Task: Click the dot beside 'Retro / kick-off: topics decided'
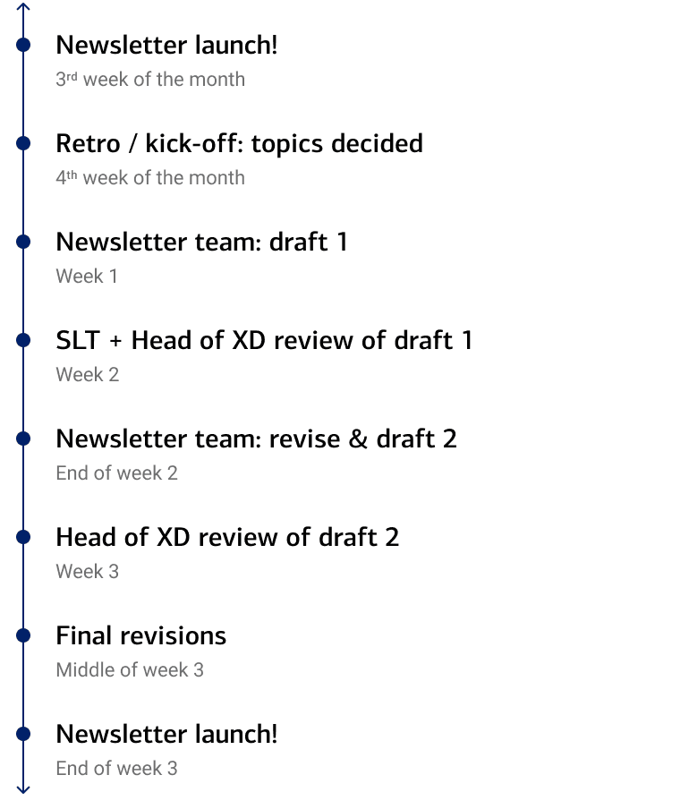pyautogui.click(x=24, y=143)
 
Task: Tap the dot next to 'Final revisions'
pyautogui.click(x=24, y=635)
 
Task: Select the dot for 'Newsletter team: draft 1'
pyautogui.click(x=24, y=242)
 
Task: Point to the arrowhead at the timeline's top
pyautogui.click(x=24, y=6)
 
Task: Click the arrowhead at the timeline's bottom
pyautogui.click(x=24, y=789)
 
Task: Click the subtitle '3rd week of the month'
pyautogui.click(x=149, y=80)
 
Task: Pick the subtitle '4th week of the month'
pyautogui.click(x=149, y=178)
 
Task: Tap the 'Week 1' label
pyautogui.click(x=86, y=277)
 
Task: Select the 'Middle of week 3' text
pyautogui.click(x=129, y=670)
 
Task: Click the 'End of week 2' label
pyautogui.click(x=116, y=473)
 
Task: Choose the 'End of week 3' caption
pyautogui.click(x=116, y=769)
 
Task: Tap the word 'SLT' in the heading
pyautogui.click(x=78, y=341)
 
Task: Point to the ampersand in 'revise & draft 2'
pyautogui.click(x=358, y=439)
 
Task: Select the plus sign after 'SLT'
pyautogui.click(x=115, y=342)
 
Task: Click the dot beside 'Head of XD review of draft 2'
pyautogui.click(x=24, y=537)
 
